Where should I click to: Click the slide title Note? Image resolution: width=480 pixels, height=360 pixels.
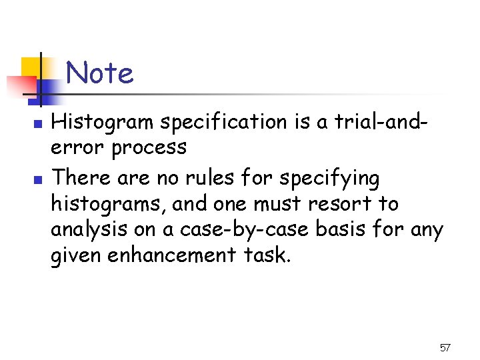click(x=100, y=73)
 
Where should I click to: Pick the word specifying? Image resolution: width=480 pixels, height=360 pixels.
click(x=329, y=179)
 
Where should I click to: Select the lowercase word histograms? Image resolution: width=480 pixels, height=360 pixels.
click(x=107, y=204)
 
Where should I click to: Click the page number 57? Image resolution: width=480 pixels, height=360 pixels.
click(x=445, y=348)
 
